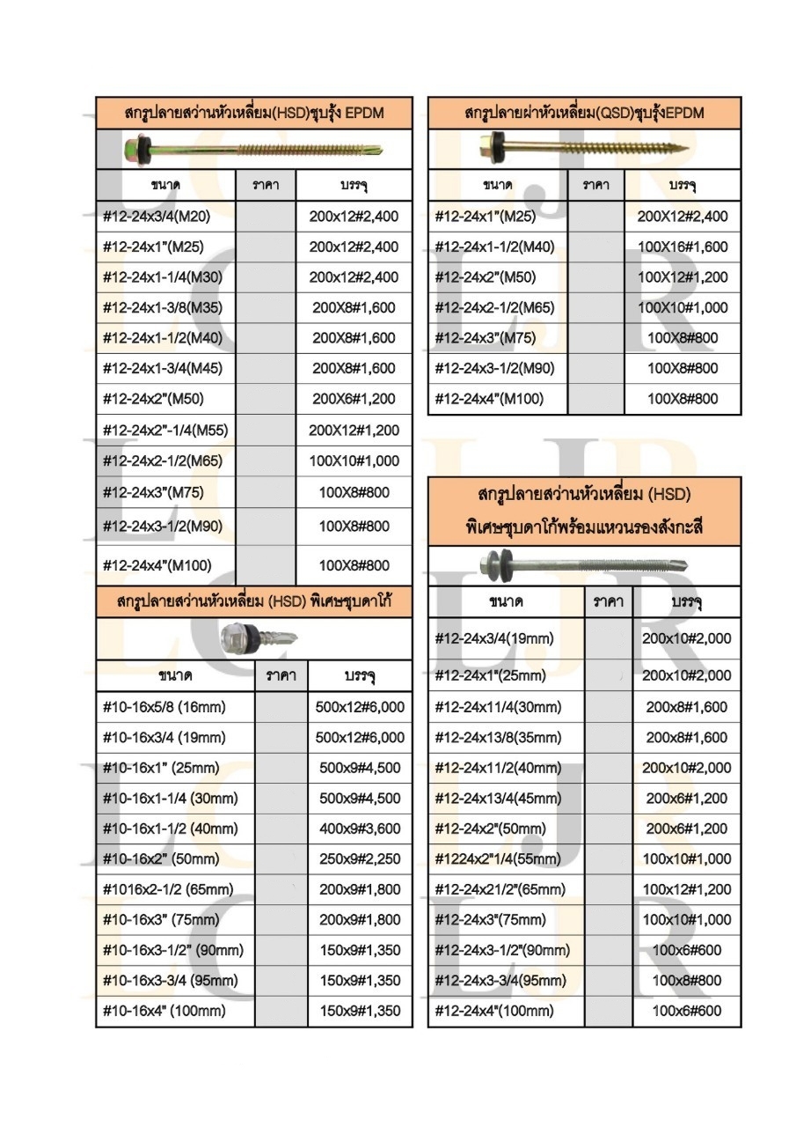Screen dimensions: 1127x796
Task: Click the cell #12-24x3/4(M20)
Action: (157, 216)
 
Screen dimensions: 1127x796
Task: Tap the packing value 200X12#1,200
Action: (354, 430)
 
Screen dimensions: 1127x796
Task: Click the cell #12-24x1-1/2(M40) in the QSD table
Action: (495, 247)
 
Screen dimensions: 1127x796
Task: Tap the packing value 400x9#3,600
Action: (360, 829)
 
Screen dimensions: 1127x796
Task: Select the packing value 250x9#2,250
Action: (360, 858)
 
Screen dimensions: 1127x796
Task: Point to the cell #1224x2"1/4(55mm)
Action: (498, 858)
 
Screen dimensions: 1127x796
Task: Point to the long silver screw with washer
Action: (584, 564)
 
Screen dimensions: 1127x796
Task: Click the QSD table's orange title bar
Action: (584, 113)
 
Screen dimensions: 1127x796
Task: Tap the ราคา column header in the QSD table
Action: (596, 185)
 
